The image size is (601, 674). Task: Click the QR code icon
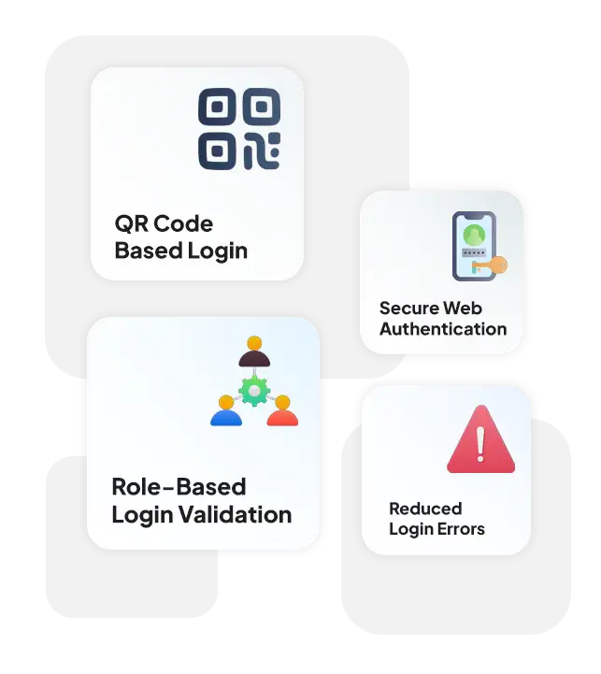point(239,129)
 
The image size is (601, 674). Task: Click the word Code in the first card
point(183,223)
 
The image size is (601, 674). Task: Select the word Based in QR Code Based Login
point(149,251)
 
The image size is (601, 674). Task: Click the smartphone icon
point(474,246)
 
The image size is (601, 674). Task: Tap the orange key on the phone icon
point(493,265)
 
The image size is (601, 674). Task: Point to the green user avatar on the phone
point(474,235)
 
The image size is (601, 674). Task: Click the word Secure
point(408,308)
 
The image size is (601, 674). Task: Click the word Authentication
point(443,329)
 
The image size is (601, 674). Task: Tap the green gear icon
point(254,391)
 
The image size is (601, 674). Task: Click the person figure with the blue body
point(226,411)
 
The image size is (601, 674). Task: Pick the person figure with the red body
point(282,411)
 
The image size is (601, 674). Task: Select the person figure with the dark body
point(254,351)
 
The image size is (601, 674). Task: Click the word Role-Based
point(179,487)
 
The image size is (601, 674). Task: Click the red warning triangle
point(481,438)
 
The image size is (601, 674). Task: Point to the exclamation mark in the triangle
point(480,444)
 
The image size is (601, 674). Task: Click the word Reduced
point(425,509)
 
